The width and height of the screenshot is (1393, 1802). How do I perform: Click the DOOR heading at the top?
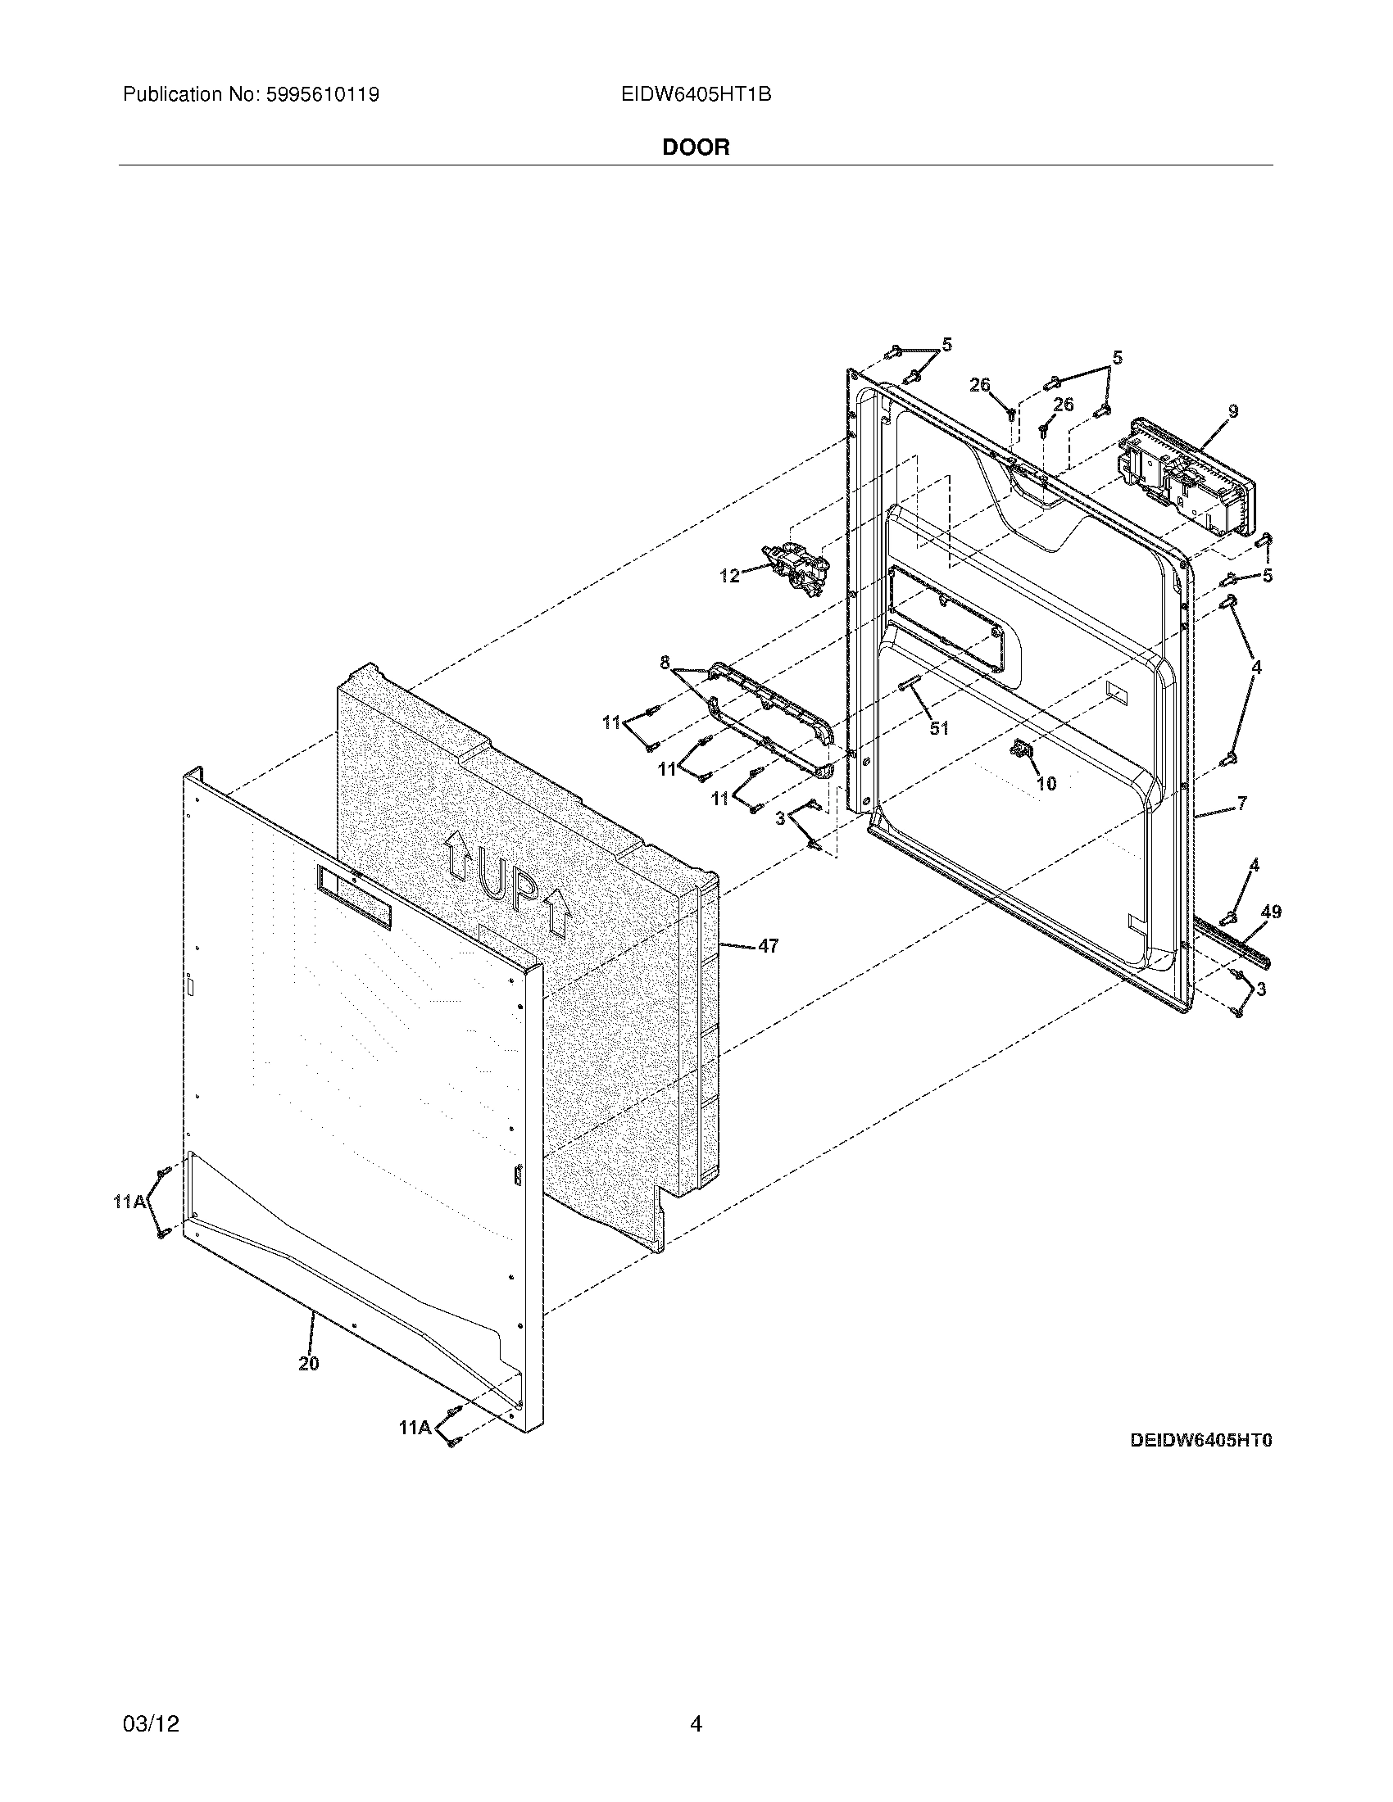tap(696, 147)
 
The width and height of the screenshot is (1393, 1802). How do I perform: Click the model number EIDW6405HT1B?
tap(696, 95)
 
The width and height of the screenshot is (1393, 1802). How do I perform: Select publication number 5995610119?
tap(322, 95)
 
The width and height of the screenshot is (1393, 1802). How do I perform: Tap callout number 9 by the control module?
tap(1233, 411)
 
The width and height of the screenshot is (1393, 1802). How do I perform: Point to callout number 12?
tap(729, 576)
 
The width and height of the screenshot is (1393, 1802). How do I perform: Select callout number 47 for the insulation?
tap(768, 946)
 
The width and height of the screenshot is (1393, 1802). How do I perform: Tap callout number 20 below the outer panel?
tap(309, 1363)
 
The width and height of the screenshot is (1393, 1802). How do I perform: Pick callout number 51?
tap(939, 728)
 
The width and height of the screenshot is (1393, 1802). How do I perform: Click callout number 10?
tap(1046, 783)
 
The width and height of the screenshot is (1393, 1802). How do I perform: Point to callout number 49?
tap(1271, 912)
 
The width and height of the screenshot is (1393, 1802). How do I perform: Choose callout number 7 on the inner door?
tap(1241, 802)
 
